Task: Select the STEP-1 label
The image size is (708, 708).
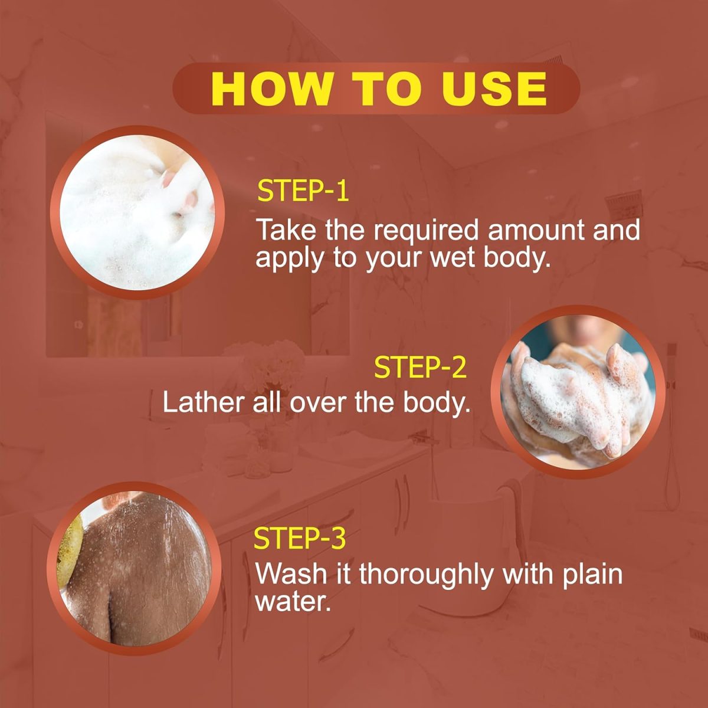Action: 303,191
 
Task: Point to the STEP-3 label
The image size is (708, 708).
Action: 300,538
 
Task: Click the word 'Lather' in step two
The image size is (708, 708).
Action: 204,402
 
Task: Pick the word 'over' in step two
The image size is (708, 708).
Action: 318,405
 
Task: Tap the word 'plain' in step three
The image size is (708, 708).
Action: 592,576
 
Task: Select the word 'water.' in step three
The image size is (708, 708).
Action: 293,603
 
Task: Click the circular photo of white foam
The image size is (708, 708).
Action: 137,212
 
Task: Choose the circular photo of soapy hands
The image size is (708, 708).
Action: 578,392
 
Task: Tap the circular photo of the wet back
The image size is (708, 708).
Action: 135,568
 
